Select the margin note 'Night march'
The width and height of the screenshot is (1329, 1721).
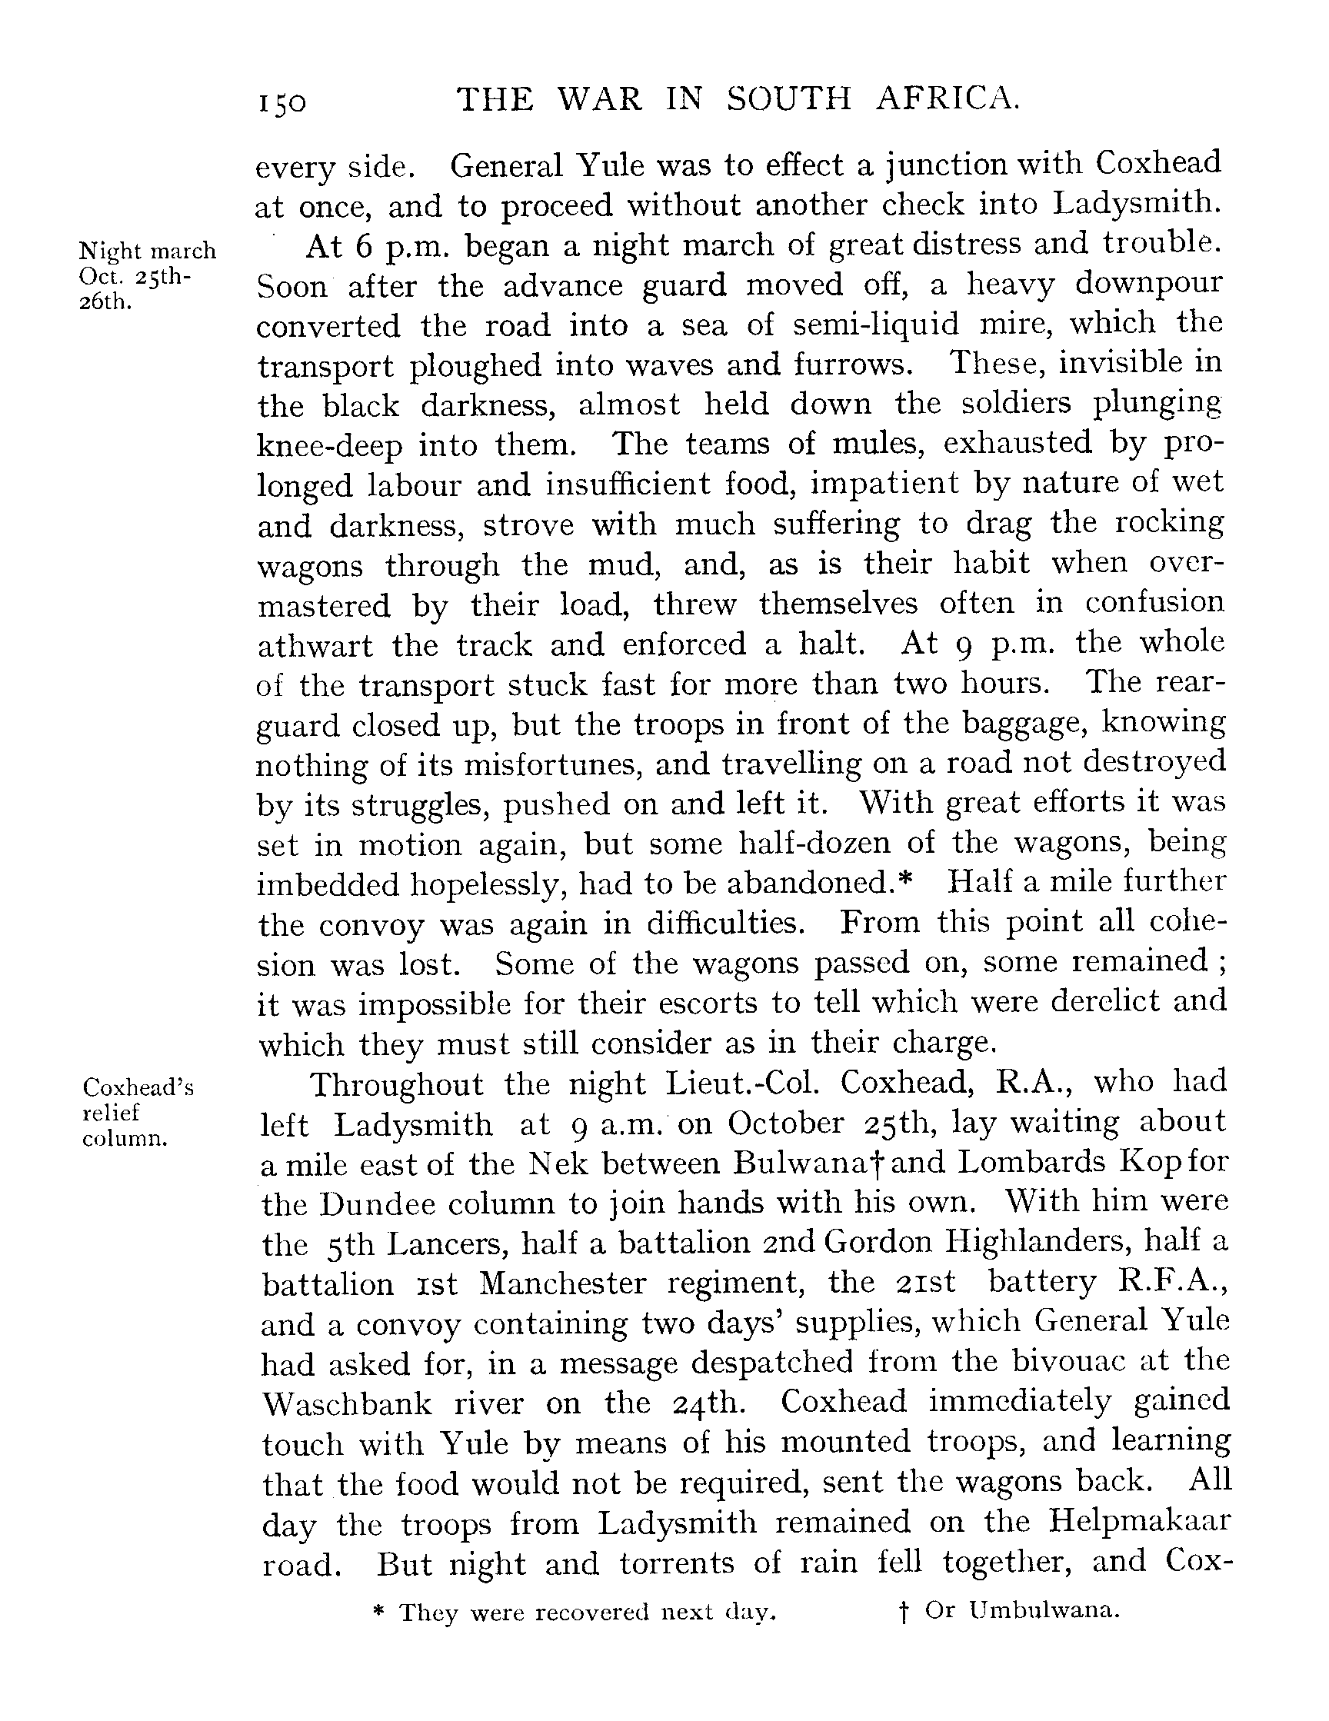(148, 251)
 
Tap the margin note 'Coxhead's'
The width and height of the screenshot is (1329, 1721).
(138, 1088)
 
